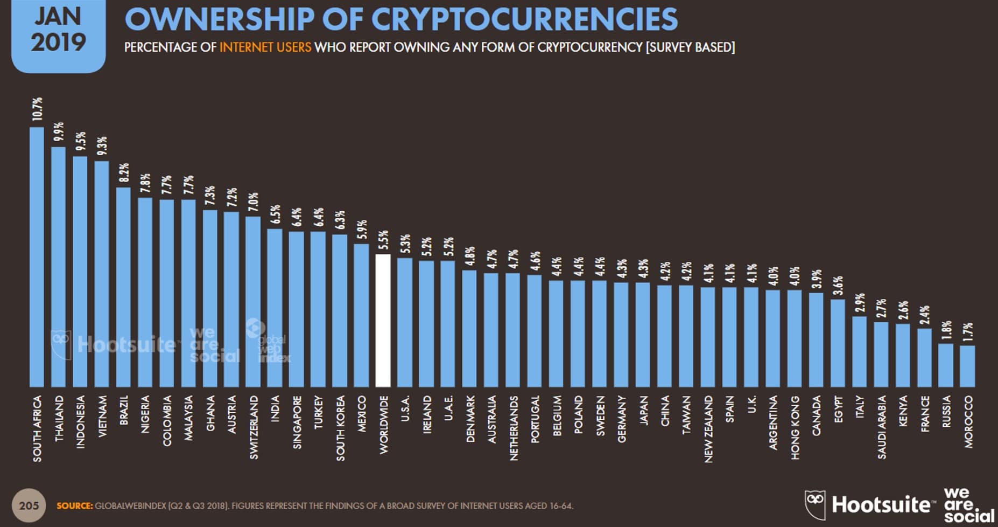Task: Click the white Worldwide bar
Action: pyautogui.click(x=383, y=321)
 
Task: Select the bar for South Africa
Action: pyautogui.click(x=37, y=257)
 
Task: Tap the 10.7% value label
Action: pyautogui.click(x=37, y=109)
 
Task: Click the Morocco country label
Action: pyautogui.click(x=968, y=422)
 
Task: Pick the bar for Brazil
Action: pyautogui.click(x=123, y=287)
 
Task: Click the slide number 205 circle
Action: pyautogui.click(x=29, y=505)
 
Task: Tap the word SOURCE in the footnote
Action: pyautogui.click(x=74, y=506)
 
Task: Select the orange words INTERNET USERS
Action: pyautogui.click(x=265, y=47)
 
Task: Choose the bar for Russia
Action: pyautogui.click(x=946, y=365)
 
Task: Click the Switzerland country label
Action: pyautogui.click(x=254, y=427)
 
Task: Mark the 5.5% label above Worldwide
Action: pyautogui.click(x=383, y=240)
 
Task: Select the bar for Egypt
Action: pyautogui.click(x=838, y=343)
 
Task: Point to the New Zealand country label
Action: pyautogui.click(x=708, y=429)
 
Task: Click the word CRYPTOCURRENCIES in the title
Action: pyautogui.click(x=524, y=19)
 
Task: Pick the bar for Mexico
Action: pyautogui.click(x=361, y=315)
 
